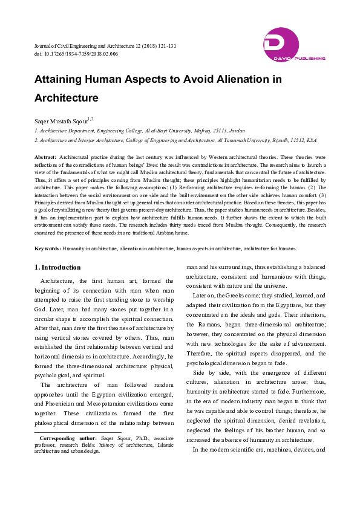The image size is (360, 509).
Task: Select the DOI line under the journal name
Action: pos(76,54)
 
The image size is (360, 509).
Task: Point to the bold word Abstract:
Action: pos(45,157)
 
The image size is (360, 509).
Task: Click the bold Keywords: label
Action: pos(48,248)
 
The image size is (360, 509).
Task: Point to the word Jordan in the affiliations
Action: pos(237,130)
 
